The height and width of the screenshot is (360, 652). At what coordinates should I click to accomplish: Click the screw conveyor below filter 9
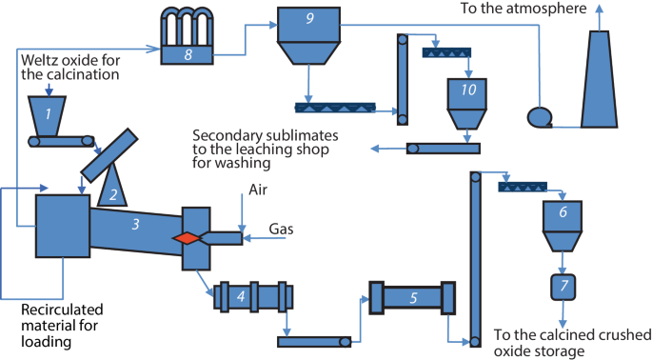pos(335,108)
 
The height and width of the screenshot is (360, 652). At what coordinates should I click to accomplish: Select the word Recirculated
pos(62,310)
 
